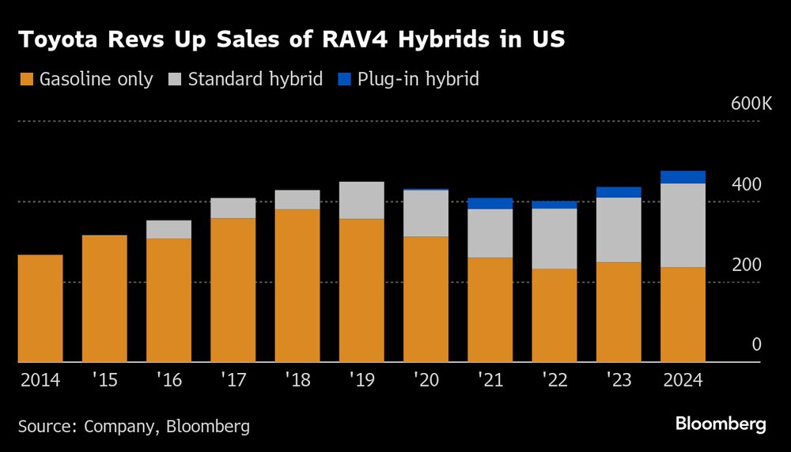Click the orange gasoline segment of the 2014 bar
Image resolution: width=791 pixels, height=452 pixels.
[40, 308]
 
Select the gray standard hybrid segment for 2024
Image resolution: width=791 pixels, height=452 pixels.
[683, 225]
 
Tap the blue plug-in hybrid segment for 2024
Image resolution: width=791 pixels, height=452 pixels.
[683, 177]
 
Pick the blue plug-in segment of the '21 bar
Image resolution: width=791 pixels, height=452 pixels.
[490, 203]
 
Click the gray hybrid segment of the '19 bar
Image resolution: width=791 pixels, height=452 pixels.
[361, 200]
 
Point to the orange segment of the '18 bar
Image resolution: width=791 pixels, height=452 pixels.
[297, 285]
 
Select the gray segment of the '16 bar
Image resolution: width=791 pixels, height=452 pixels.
[168, 229]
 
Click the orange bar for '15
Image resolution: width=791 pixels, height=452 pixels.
[104, 299]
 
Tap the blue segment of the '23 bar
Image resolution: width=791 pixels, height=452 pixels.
[619, 192]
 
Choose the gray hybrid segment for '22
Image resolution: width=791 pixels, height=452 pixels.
[554, 239]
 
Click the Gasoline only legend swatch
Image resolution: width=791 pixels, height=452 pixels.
[28, 79]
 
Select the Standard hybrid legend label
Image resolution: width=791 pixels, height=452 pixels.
[255, 79]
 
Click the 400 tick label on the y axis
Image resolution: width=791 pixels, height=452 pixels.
[747, 185]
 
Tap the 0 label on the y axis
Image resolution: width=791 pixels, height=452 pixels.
[756, 345]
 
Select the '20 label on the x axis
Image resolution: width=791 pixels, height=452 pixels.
[426, 380]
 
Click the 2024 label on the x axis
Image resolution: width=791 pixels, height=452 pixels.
[683, 380]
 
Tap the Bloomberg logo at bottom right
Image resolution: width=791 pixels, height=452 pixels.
[720, 424]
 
